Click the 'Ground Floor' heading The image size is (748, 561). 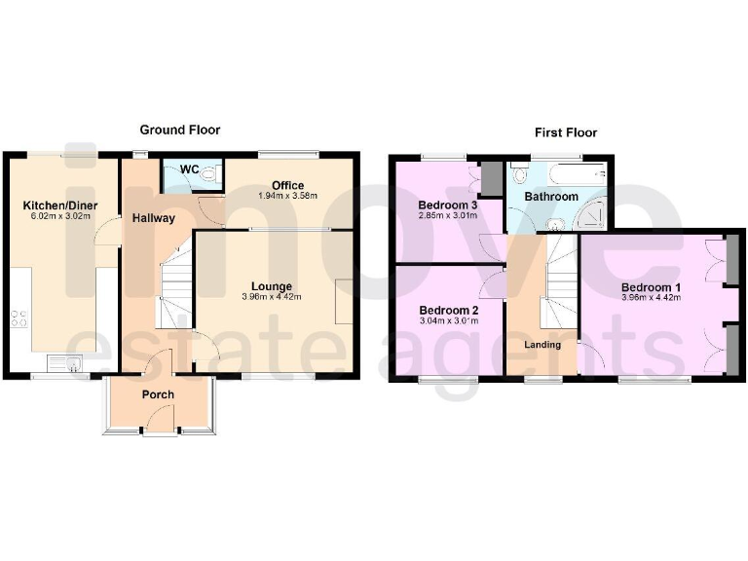(x=179, y=130)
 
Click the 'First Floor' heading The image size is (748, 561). (x=565, y=132)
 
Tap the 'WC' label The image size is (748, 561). (x=189, y=169)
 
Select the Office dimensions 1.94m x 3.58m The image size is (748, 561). (x=287, y=196)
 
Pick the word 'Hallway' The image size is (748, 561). (x=154, y=218)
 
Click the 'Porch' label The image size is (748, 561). (x=158, y=394)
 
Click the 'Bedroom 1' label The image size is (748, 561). (x=648, y=287)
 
